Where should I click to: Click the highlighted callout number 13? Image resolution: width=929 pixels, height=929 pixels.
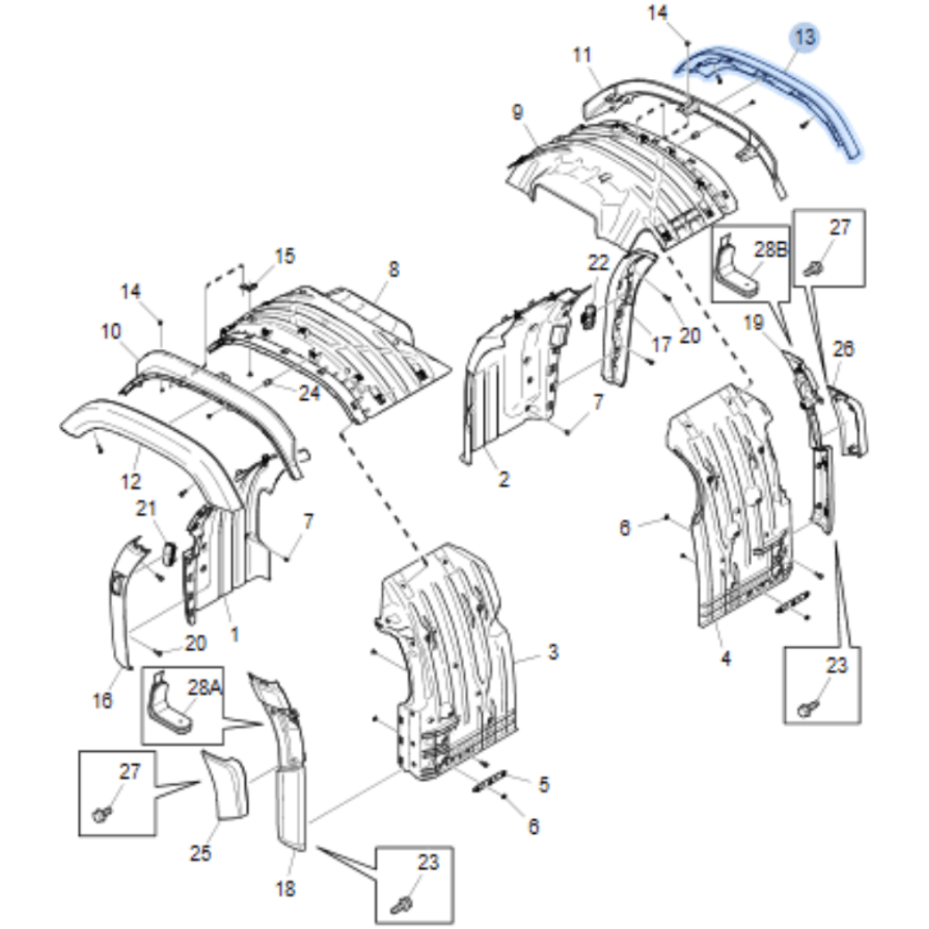[x=805, y=36]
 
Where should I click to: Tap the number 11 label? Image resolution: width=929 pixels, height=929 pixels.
[x=582, y=55]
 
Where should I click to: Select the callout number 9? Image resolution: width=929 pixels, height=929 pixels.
[x=517, y=112]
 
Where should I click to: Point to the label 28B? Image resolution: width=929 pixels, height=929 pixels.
[x=770, y=249]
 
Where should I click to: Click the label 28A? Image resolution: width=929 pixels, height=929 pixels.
[x=204, y=688]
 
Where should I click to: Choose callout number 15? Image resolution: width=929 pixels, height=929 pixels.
[x=285, y=256]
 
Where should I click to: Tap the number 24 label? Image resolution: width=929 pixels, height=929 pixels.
[x=309, y=394]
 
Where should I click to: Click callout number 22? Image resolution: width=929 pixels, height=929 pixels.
[x=598, y=263]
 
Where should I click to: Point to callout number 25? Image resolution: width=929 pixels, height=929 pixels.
[x=200, y=854]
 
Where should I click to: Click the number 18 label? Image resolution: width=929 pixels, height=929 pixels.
[x=285, y=889]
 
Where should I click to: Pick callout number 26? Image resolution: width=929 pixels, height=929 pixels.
[x=843, y=349]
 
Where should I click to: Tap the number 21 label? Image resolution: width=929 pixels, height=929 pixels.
[x=146, y=509]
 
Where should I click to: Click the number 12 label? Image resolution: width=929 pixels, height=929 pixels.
[x=131, y=481]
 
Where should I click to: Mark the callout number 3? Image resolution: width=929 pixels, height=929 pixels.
[x=553, y=652]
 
